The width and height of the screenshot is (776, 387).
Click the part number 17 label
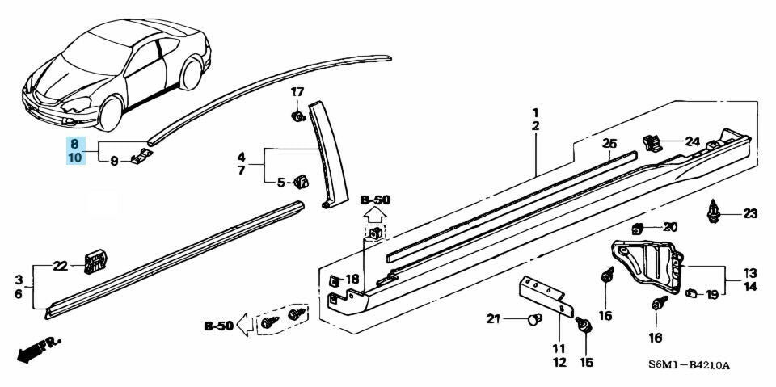coord(297,91)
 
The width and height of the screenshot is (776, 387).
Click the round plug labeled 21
coord(532,319)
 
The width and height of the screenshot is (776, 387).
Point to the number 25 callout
coord(609,144)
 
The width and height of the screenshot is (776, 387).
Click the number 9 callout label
coord(114,162)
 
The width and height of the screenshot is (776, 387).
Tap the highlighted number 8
coord(74,142)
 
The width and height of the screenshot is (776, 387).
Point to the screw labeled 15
coord(585,327)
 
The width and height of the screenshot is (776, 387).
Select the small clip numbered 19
coord(691,293)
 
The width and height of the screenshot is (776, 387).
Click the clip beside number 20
coord(637,227)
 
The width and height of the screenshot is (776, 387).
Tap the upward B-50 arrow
coord(374,216)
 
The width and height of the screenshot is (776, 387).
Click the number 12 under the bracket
coord(559,362)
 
